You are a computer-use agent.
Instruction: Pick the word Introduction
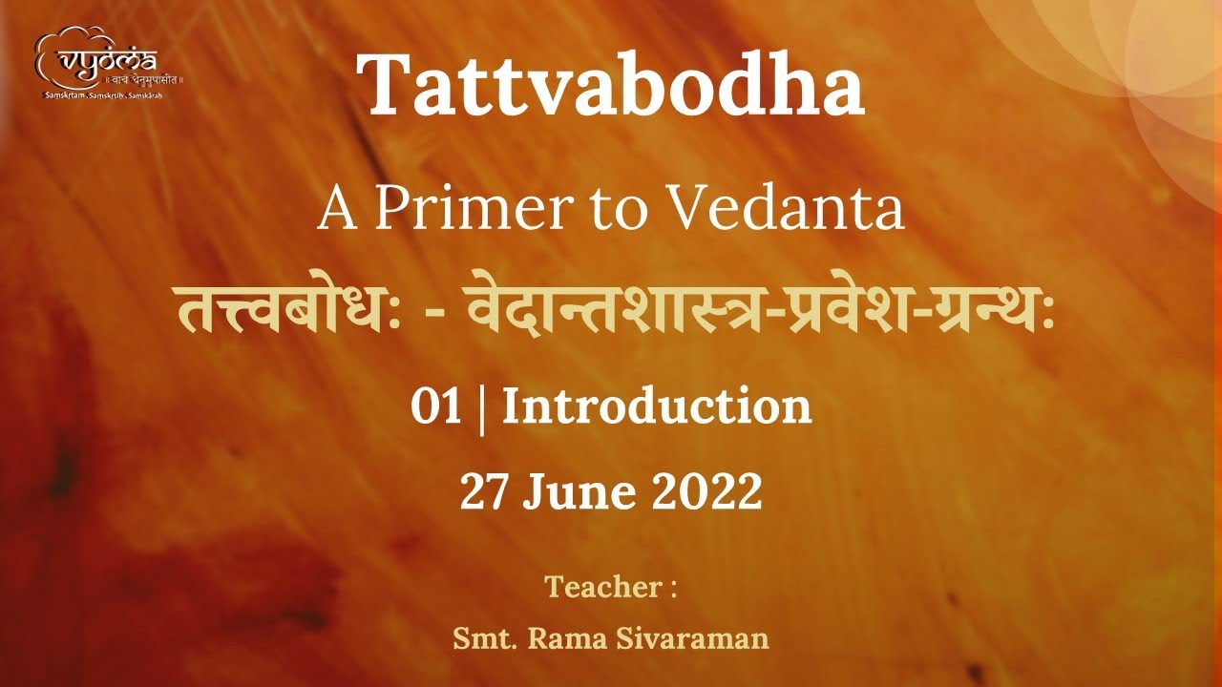click(x=657, y=407)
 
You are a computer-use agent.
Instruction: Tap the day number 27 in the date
click(x=484, y=493)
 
